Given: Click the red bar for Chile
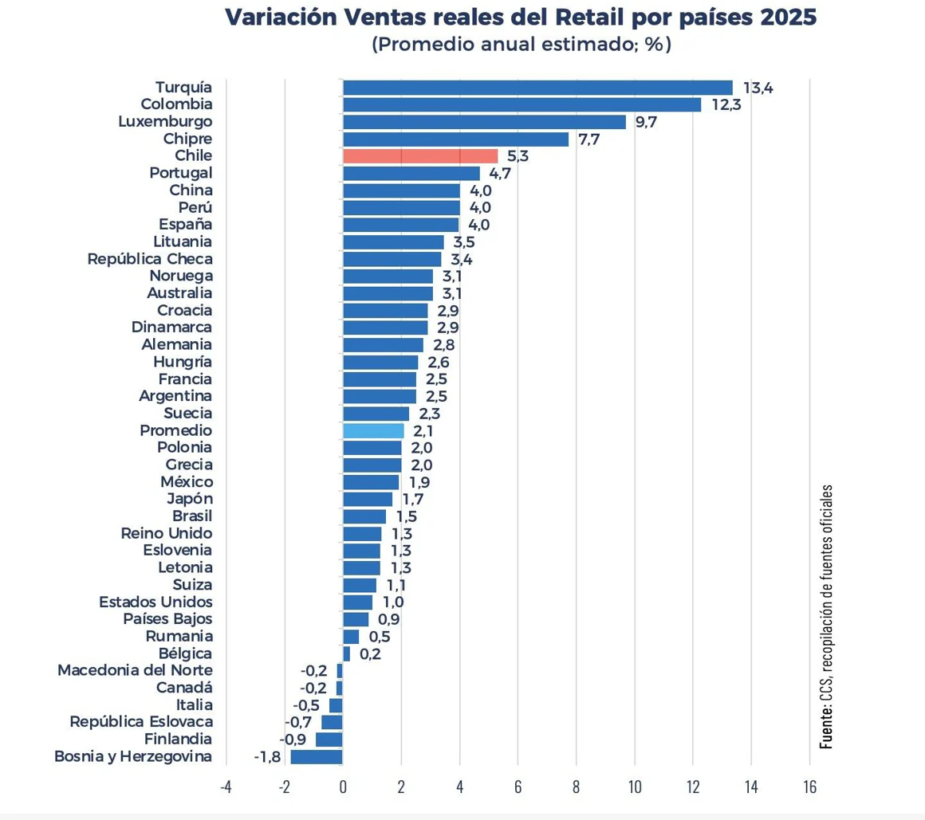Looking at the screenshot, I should click(420, 156).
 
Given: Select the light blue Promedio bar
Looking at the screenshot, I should click(373, 431).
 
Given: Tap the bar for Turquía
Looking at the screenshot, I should click(537, 88).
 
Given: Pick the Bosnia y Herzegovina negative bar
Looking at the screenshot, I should click(317, 757).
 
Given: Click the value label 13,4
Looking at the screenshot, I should click(758, 88).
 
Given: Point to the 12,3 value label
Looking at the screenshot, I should click(726, 105).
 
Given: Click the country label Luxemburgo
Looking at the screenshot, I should click(164, 122).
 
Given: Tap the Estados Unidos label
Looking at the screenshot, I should click(155, 602).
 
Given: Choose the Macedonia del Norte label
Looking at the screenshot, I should click(135, 670).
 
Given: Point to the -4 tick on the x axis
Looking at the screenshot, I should click(226, 788).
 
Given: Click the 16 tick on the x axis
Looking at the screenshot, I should click(809, 788).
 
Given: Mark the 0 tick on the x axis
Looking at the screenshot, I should click(343, 788).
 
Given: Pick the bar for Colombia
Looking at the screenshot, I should click(522, 105).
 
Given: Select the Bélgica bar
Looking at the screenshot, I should click(347, 653).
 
